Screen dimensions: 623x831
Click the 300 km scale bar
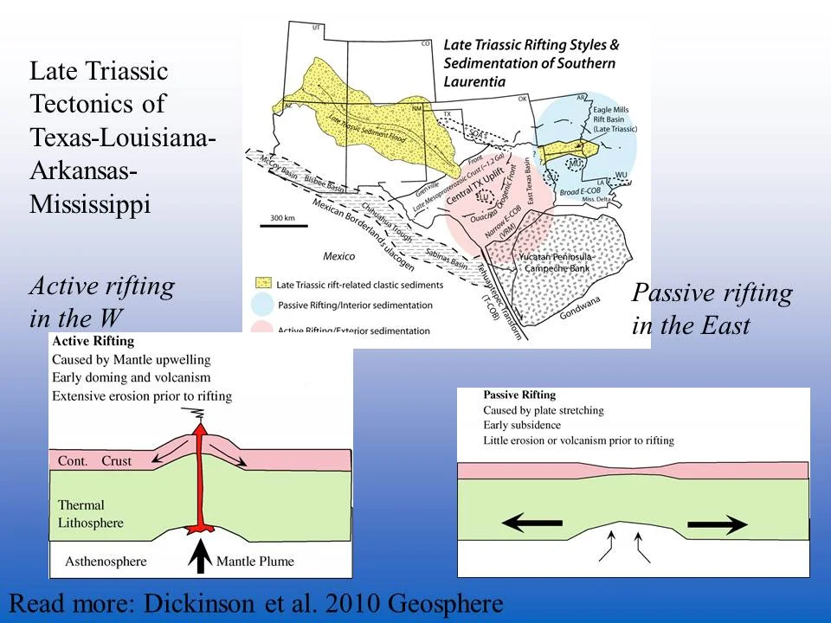point(284,225)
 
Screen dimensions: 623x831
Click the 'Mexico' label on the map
point(338,257)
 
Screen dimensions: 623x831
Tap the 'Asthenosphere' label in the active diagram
point(106,562)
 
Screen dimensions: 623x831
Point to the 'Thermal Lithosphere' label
point(90,514)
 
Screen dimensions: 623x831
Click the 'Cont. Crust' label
point(94,461)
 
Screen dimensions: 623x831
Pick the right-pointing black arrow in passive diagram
point(718,523)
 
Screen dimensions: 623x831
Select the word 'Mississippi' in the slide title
point(91,205)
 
